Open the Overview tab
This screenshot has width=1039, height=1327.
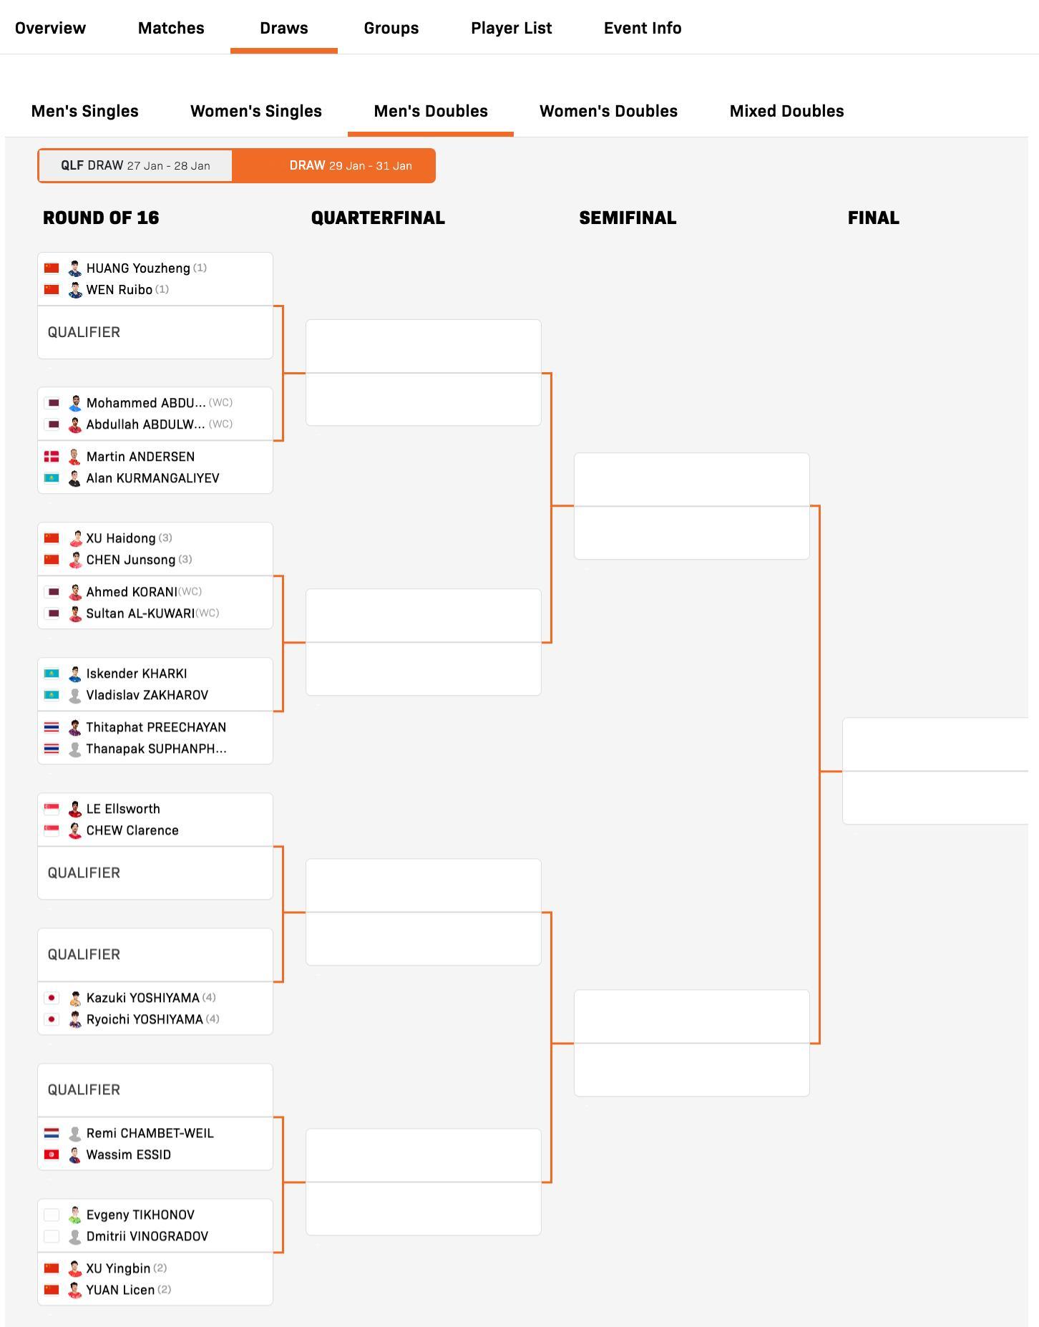pos(50,28)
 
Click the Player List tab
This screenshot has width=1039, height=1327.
pos(511,28)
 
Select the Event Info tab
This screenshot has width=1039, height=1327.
pos(642,28)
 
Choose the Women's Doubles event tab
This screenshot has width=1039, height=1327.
pos(608,111)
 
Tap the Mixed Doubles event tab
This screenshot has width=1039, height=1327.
pos(786,111)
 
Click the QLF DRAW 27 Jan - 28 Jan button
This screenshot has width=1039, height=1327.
pos(135,165)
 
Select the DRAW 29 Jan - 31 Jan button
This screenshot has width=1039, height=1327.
pos(350,165)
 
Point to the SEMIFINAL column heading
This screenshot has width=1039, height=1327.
pos(628,218)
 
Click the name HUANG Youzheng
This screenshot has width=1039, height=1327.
pos(138,268)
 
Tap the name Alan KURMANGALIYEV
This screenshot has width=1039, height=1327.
pos(152,478)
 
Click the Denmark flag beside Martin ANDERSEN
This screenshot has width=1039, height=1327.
pos(52,457)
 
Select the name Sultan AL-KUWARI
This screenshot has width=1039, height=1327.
pos(140,613)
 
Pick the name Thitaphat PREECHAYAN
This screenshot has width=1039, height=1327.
pos(156,727)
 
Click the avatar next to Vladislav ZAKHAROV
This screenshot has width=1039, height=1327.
pos(74,695)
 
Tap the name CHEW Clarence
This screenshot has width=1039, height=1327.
pos(132,830)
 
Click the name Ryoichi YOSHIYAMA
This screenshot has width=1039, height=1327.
pos(145,1019)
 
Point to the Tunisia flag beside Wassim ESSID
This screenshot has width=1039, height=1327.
pos(52,1155)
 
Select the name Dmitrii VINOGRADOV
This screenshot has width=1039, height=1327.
pos(147,1236)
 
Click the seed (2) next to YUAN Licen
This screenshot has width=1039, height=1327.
pos(164,1289)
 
